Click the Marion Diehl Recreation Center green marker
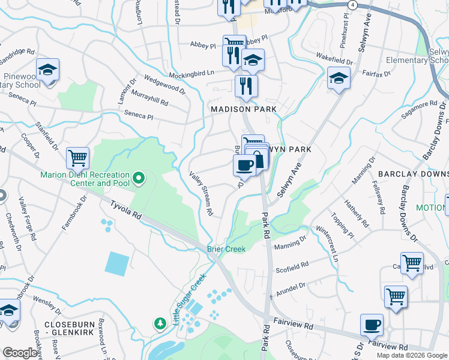[139, 177]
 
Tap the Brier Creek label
[226, 249]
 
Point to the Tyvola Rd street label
[125, 209]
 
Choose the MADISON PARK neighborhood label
[243, 109]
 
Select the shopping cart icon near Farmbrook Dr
[77, 158]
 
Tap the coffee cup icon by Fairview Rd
[372, 325]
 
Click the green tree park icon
[160, 324]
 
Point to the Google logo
[20, 353]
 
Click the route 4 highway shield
[354, 5]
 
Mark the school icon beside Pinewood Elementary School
[47, 70]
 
